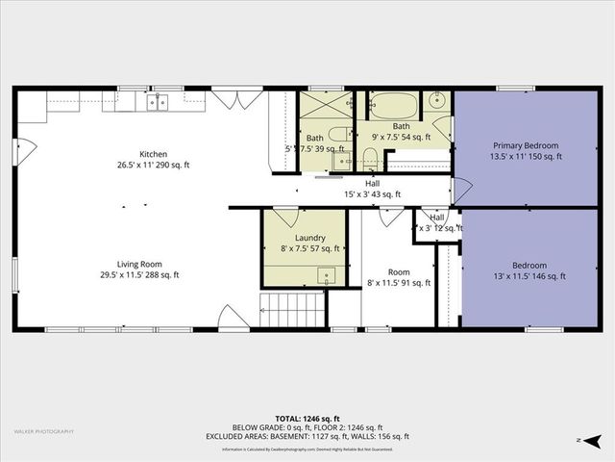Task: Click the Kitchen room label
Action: (x=154, y=154)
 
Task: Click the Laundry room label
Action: (x=309, y=238)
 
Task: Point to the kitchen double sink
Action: (x=157, y=102)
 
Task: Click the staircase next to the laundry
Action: (x=292, y=311)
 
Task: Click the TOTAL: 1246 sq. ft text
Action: (x=307, y=419)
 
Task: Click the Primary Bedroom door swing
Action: (x=460, y=191)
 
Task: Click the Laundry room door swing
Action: (x=285, y=217)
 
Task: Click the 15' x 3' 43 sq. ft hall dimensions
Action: (x=372, y=194)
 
